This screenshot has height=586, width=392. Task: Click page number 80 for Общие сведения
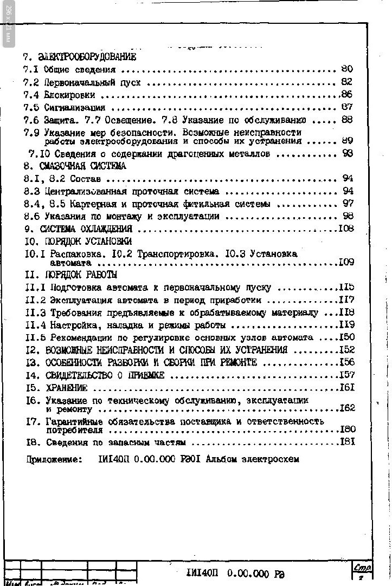click(347, 69)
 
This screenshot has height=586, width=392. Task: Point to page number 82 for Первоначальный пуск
click(347, 82)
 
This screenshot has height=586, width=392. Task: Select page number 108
click(346, 229)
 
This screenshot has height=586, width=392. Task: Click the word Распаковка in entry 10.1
click(74, 253)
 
